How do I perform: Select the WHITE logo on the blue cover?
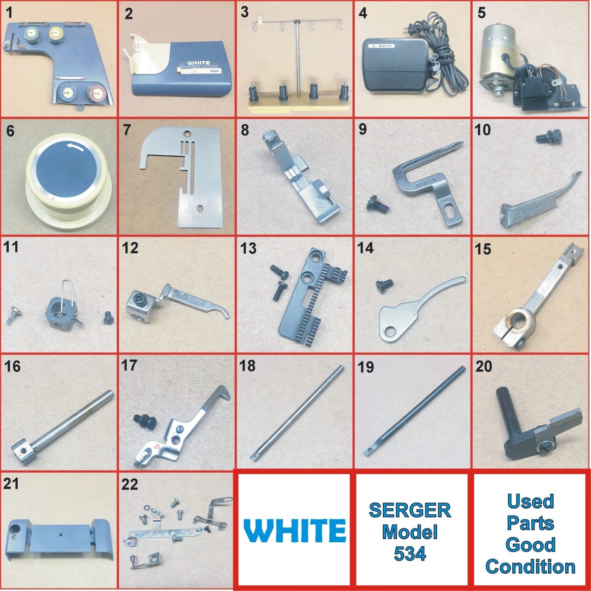coord(197,63)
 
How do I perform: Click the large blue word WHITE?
coord(295,530)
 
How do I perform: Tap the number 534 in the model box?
coord(410,554)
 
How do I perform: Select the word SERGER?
coord(410,510)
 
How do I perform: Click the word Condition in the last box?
coord(530,566)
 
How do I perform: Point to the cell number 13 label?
coord(248,248)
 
